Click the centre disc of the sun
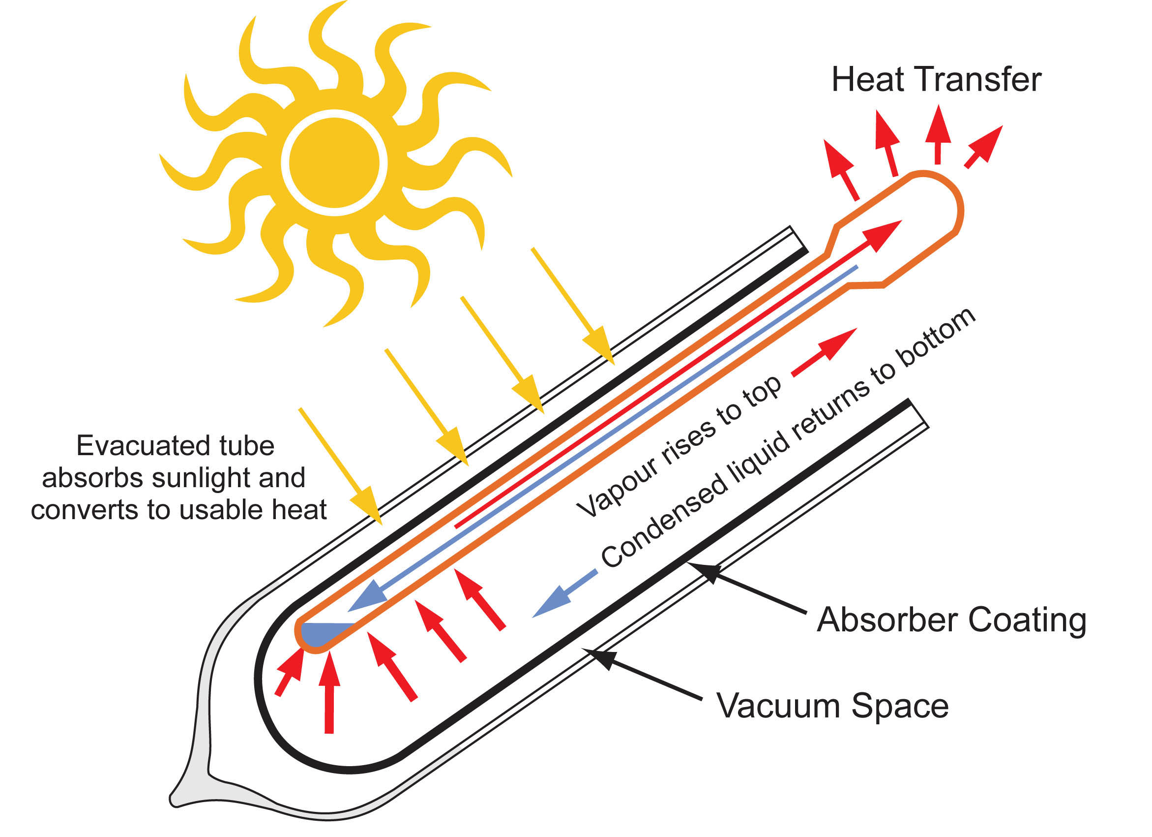coord(334,162)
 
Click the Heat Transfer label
coord(936,80)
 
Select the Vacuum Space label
coord(832,706)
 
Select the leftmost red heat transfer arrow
coord(841,170)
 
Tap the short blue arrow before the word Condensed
coord(564,593)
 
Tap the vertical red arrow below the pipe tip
coord(329,692)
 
